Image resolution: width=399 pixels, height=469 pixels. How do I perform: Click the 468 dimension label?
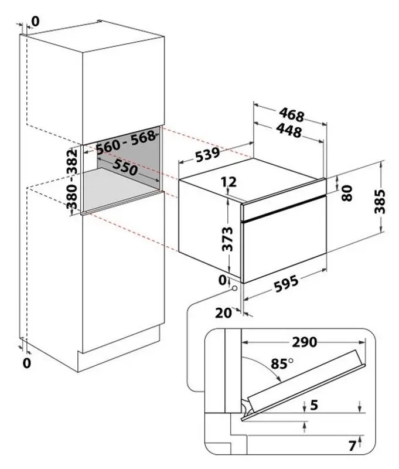point(292,114)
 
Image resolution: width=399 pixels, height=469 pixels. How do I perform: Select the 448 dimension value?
point(289,131)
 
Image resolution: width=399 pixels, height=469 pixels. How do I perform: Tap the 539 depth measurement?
point(208,154)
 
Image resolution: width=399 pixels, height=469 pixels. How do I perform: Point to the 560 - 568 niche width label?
point(126,142)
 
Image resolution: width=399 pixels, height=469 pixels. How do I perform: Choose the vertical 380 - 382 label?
point(71,179)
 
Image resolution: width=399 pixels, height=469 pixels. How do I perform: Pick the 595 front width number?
point(286,284)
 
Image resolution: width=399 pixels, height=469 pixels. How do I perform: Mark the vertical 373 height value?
point(228,239)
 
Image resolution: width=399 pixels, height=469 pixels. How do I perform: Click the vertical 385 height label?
point(380,201)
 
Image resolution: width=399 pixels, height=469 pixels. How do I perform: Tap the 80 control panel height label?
point(347,193)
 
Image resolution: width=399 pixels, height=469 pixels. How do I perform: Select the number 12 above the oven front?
point(229,182)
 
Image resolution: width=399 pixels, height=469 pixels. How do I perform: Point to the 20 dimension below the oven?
point(224,313)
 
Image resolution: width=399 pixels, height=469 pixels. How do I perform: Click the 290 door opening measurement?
point(304,342)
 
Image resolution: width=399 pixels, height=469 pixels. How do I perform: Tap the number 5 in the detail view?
point(314,405)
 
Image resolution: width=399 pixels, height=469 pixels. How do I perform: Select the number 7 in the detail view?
point(352,446)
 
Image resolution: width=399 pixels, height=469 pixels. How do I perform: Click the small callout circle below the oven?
point(234,288)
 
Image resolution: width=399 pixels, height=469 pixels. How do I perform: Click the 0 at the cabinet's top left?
point(35,22)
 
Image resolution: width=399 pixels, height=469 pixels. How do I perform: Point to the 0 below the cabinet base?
point(27,363)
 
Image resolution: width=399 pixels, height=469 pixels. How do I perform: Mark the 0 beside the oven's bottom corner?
point(223,280)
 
